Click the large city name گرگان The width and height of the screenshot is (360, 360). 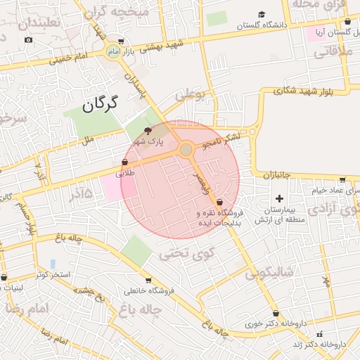98,105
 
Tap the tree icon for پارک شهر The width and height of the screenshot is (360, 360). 148,131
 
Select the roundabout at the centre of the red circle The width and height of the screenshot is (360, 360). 186,150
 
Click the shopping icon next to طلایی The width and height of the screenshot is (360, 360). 125,162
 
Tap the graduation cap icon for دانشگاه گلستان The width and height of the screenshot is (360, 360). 262,14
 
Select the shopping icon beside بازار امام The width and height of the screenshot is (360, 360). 121,41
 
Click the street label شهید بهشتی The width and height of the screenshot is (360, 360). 161,46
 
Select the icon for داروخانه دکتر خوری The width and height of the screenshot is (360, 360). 276,314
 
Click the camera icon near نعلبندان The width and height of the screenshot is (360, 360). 28,39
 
